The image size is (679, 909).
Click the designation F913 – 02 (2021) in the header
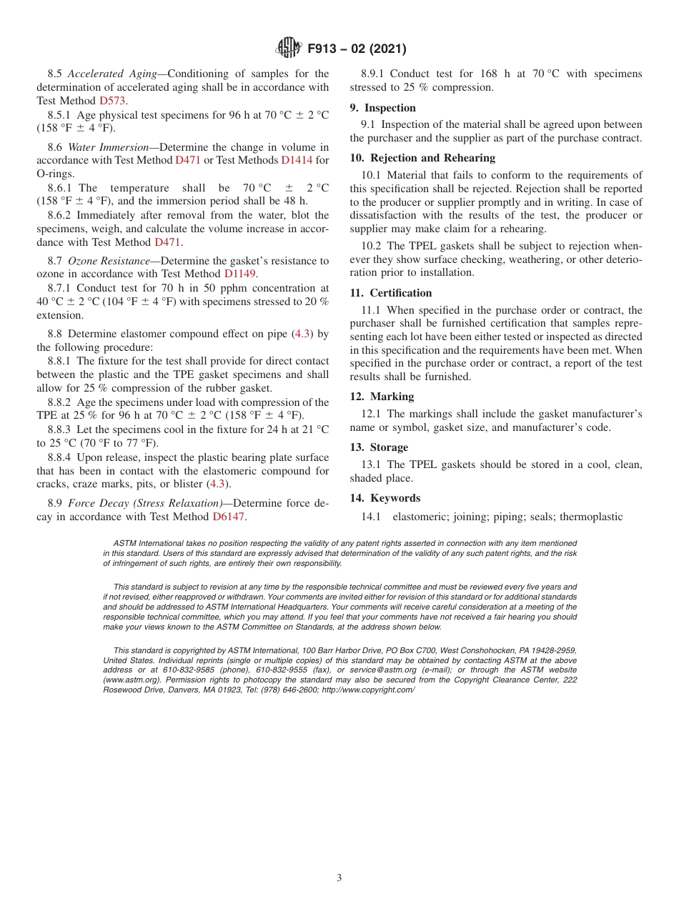click(357, 49)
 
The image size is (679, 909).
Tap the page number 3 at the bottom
click(339, 878)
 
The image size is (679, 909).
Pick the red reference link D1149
click(239, 274)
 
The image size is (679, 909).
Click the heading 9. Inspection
click(382, 108)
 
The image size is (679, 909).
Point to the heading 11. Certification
click(391, 293)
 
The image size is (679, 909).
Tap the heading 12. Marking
click(382, 397)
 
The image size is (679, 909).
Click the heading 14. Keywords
click(385, 498)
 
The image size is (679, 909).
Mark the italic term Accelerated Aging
click(111, 74)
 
